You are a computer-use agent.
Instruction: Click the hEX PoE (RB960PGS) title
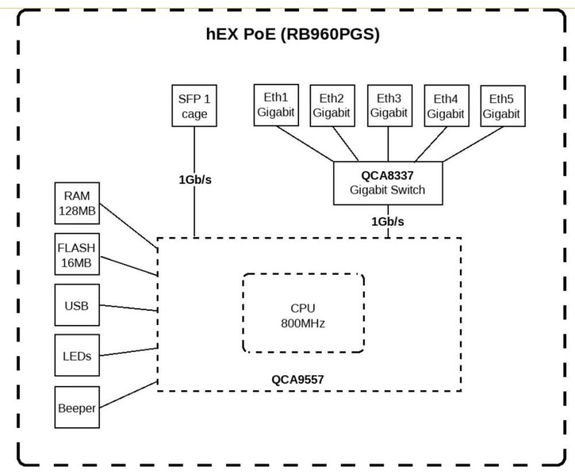[292, 35]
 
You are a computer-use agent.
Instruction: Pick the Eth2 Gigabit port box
[331, 105]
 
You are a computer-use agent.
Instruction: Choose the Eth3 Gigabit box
[388, 105]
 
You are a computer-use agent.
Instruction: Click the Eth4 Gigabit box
[445, 106]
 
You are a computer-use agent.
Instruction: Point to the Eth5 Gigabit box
[501, 106]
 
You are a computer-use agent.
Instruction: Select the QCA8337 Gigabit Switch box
[388, 183]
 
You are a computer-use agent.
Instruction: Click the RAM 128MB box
[76, 203]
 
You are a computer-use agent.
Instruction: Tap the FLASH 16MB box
[76, 253]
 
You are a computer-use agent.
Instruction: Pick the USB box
[76, 305]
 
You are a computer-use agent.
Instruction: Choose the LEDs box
[76, 355]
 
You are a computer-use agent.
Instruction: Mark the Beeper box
[76, 408]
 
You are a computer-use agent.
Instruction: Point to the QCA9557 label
[298, 379]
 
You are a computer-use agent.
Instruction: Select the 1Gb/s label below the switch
[388, 221]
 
